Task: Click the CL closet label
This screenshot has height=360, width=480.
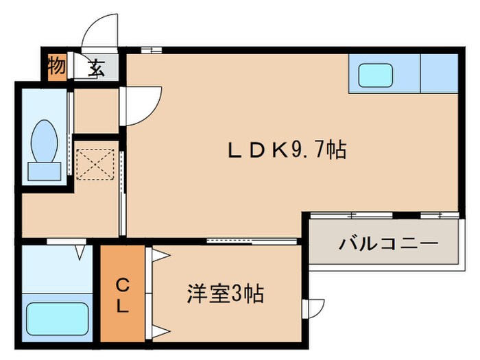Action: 121,296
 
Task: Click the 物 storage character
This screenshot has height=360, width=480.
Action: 57,67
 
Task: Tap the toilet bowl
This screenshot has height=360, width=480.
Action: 45,141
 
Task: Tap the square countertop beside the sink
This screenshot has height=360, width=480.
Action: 438,73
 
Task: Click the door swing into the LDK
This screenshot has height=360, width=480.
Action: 143,104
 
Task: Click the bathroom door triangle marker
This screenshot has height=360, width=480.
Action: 80,253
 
